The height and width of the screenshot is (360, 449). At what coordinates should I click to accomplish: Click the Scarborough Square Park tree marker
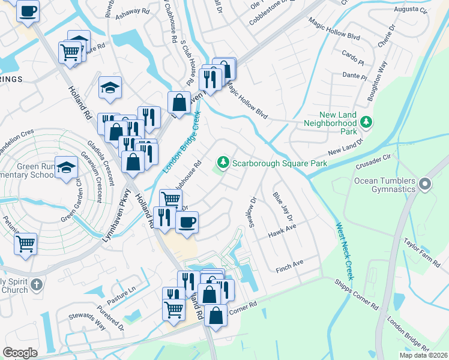(223, 163)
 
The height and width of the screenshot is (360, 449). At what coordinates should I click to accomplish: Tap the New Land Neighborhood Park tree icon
(365, 123)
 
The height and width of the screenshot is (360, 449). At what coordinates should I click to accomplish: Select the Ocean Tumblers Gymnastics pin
(426, 184)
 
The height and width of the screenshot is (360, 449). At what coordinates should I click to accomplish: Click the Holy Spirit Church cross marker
(37, 285)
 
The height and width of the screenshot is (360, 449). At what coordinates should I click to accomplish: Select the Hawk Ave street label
(283, 230)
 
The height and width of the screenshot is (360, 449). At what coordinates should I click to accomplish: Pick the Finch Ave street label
(290, 263)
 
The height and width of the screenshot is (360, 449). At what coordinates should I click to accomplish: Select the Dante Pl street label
(354, 76)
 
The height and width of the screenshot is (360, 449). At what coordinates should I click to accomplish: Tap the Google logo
(20, 353)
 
